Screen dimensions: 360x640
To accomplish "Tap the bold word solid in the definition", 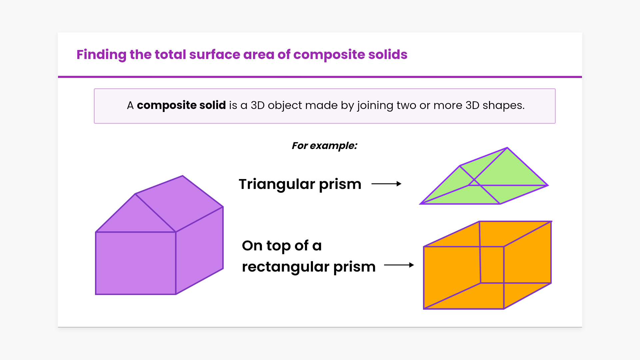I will (x=212, y=105).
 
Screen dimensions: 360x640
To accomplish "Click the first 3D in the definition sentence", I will (x=257, y=105).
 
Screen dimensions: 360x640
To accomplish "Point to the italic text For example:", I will (x=324, y=146).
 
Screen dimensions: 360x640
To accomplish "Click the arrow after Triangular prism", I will (x=386, y=184).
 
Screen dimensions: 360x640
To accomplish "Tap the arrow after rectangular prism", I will (x=399, y=265).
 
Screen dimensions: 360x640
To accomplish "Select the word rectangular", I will (x=286, y=267).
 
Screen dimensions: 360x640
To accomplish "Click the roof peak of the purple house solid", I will (x=183, y=176).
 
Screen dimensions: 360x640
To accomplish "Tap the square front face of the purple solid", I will (x=136, y=263).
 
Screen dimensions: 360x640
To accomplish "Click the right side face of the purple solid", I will (x=199, y=251).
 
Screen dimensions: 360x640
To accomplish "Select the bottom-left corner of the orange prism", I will (x=424, y=309).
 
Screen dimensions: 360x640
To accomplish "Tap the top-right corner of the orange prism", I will (x=551, y=221).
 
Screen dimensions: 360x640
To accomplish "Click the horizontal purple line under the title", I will (x=320, y=77).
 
